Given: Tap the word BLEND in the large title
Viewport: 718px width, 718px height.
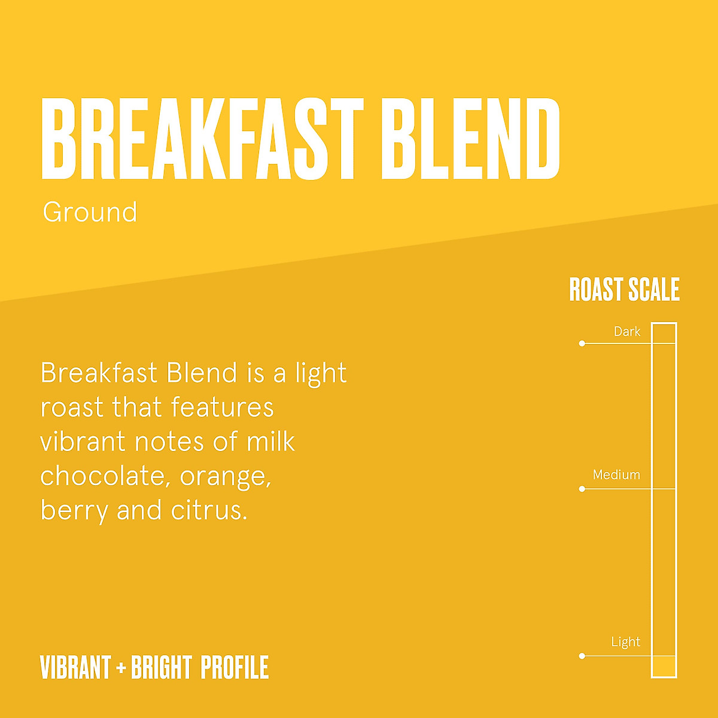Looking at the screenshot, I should click(470, 139).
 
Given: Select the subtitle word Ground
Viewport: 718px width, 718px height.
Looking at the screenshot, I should click(90, 212).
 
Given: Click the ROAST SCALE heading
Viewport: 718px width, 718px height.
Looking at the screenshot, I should click(624, 290).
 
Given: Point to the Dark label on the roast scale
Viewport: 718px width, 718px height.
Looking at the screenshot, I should click(626, 331).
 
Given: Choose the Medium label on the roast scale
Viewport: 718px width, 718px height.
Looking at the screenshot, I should click(616, 474).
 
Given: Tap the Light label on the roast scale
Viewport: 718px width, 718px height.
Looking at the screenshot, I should click(625, 642).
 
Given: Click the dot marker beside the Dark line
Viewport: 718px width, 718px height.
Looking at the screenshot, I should click(582, 343).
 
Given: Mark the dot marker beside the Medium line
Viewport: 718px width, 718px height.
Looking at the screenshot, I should click(582, 489).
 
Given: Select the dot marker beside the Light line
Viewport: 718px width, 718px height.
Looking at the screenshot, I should click(582, 656).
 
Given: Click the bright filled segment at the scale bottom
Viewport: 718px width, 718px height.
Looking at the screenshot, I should click(664, 666).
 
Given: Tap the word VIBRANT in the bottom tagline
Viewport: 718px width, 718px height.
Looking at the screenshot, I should click(75, 668).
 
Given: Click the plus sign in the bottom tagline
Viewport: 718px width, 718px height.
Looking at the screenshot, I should click(121, 668).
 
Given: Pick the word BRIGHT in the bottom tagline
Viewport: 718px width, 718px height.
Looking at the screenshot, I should click(161, 668).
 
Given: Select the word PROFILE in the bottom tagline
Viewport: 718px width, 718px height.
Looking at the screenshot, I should click(235, 668).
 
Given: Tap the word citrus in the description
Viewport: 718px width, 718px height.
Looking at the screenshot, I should click(209, 510).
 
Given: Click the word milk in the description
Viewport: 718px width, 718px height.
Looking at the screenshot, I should click(270, 442).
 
